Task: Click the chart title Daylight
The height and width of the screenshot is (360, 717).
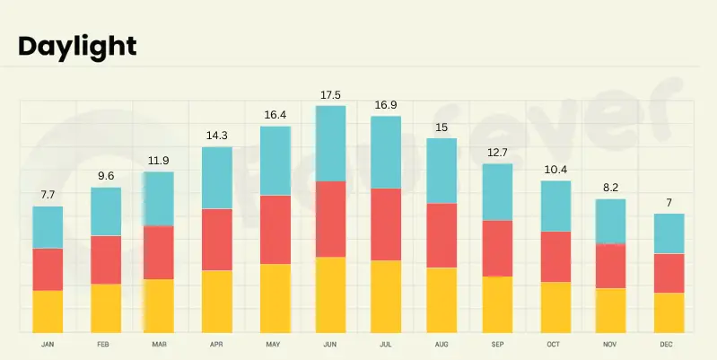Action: [x=77, y=47]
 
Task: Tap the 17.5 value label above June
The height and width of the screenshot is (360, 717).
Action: [x=330, y=95]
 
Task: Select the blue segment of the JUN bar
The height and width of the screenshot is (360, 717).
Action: [x=330, y=144]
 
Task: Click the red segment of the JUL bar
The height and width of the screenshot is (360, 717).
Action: [x=386, y=224]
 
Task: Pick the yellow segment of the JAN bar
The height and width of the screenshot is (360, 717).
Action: [x=48, y=311]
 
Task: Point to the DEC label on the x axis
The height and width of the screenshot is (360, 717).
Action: [x=669, y=345]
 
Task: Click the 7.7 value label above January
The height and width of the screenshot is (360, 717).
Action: [x=48, y=195]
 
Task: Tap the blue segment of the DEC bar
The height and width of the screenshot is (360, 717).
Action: [x=669, y=233]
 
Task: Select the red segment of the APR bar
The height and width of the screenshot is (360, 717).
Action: [x=217, y=240]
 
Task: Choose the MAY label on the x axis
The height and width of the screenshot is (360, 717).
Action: [x=274, y=345]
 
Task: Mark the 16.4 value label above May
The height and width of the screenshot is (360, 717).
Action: [x=274, y=115]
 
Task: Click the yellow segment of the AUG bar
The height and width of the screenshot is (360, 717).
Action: [x=442, y=299]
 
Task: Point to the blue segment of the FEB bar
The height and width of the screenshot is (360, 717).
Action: [x=105, y=211]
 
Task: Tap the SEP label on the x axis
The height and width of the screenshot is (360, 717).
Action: [x=498, y=345]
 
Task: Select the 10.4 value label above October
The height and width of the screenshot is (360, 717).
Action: [x=555, y=170]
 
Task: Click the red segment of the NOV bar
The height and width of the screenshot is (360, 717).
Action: [x=611, y=266]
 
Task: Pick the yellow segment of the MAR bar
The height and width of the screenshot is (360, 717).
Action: [x=159, y=305]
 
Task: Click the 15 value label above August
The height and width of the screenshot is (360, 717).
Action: [x=442, y=127]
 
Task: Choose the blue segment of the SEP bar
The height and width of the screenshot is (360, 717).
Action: [x=498, y=192]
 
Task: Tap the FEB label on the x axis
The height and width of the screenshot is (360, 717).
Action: [x=104, y=345]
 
